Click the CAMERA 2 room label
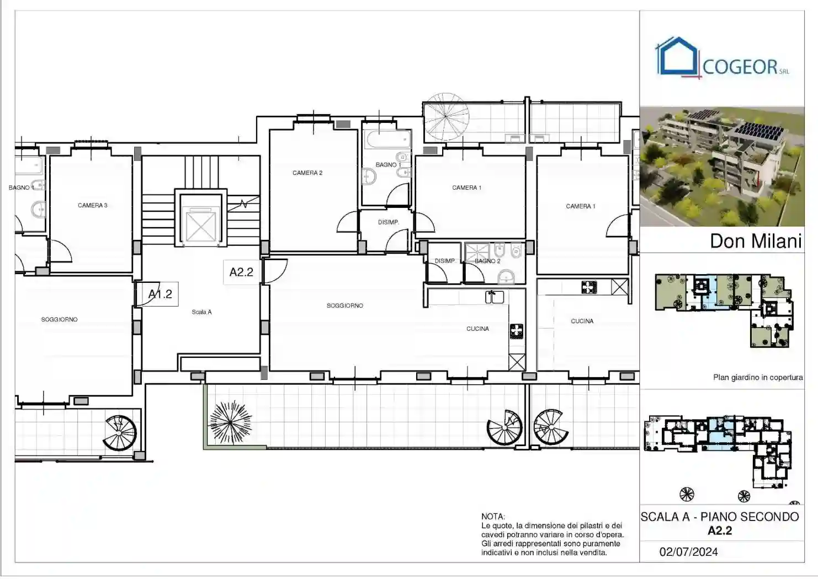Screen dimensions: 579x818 tap(307, 173)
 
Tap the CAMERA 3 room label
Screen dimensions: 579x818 tap(92, 205)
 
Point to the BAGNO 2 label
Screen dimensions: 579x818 tap(487, 261)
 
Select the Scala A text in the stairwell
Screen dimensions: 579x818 tap(201, 312)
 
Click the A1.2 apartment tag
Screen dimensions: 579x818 tap(160, 294)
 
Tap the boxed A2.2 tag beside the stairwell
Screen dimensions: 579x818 tap(241, 272)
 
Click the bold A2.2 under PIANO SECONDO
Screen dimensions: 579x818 tap(720, 531)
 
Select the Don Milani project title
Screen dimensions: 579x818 tap(755, 241)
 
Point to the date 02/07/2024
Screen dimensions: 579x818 tap(688, 551)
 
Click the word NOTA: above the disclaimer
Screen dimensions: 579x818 tap(493, 517)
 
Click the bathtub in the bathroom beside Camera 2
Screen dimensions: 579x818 tap(387, 140)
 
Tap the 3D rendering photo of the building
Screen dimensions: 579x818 tap(721, 167)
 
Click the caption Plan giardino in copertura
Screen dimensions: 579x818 tap(757, 378)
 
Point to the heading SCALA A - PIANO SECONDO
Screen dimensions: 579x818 tap(720, 517)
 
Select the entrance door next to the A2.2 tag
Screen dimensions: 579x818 tap(275, 271)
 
